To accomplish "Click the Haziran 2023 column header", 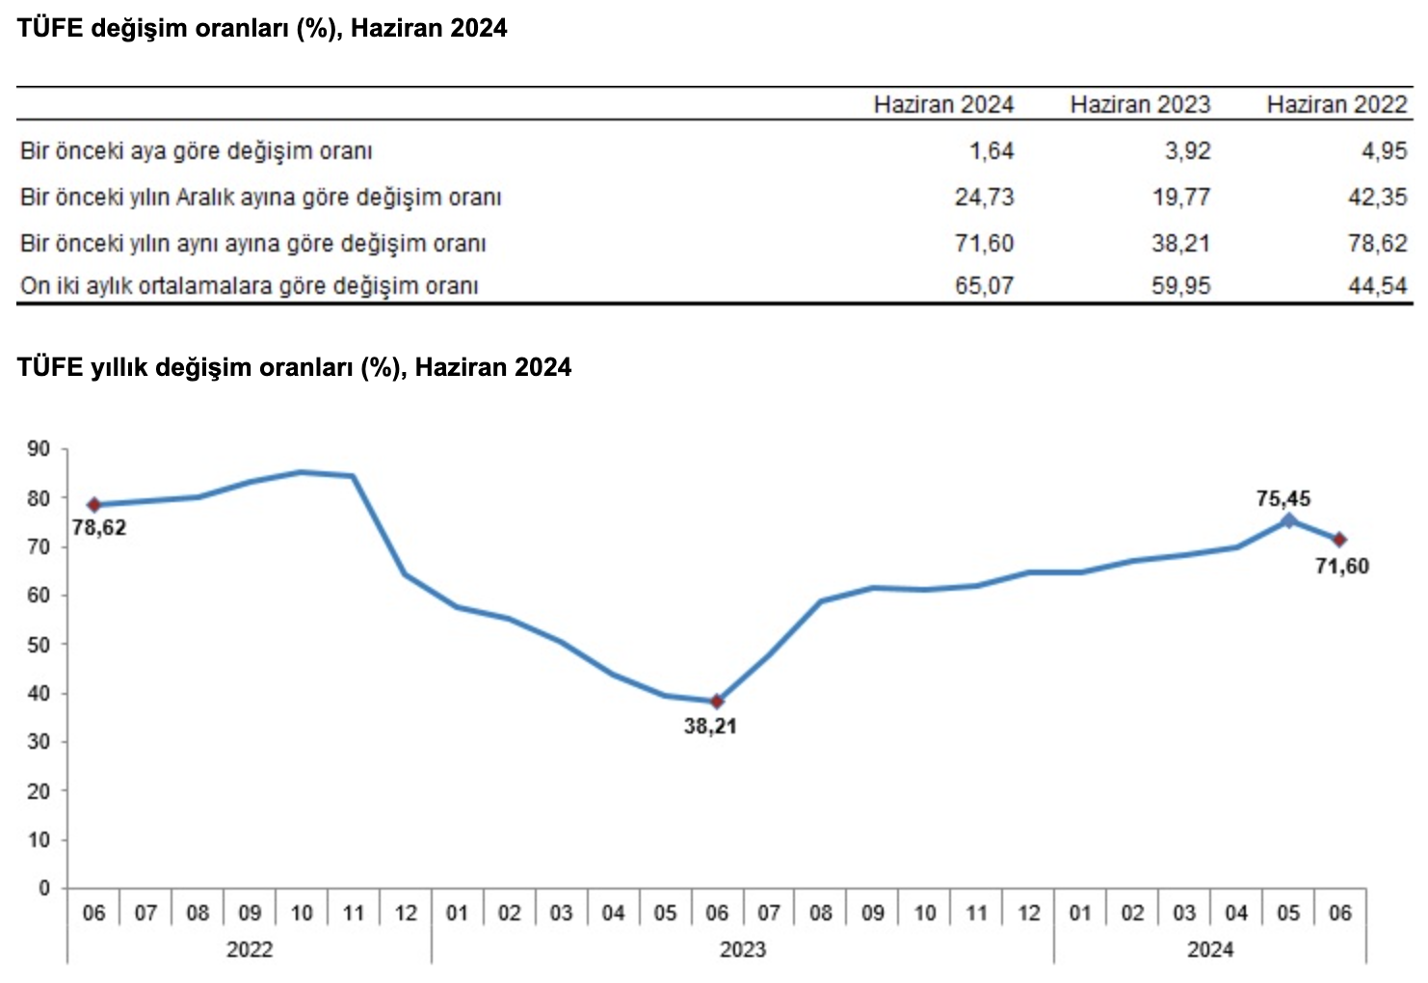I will click(x=1140, y=104).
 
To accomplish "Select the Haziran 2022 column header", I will click(x=1336, y=104).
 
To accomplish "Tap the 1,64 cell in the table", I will click(x=992, y=151).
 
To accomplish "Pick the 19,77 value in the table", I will click(x=1180, y=198).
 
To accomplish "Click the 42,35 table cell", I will click(x=1377, y=198).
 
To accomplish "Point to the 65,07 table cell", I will click(x=984, y=286).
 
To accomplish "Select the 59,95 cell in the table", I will click(x=1180, y=286).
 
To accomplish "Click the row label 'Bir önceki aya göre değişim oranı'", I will click(x=196, y=151).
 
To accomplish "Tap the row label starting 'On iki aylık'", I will click(x=249, y=286).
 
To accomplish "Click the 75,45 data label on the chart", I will click(x=1283, y=498).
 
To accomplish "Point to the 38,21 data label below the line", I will click(x=710, y=727).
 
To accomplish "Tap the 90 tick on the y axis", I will click(x=40, y=448).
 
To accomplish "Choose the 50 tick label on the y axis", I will click(x=40, y=644).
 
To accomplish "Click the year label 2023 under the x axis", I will click(x=742, y=949).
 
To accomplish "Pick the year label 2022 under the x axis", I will click(x=249, y=949).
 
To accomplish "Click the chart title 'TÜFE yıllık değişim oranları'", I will click(x=294, y=367).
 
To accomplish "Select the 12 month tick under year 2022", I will click(x=406, y=913).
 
